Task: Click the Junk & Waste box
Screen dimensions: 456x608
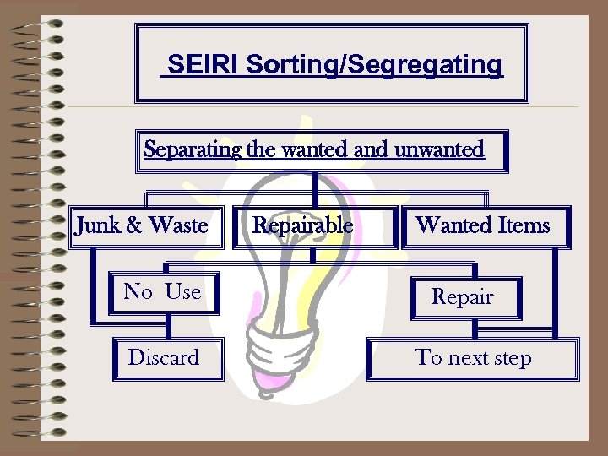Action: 143,226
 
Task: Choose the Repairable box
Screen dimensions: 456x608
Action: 304,226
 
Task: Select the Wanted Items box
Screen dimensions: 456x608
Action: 483,226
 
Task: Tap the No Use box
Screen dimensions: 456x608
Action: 162,292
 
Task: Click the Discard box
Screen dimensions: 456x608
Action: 164,358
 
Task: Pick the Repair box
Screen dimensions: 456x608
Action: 463,297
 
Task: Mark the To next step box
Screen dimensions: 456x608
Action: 473,358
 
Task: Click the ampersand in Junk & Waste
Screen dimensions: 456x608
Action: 135,225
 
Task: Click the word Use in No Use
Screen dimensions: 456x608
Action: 182,292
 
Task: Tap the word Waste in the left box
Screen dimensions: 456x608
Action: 177,225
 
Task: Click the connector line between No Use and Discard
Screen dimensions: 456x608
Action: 169,327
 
